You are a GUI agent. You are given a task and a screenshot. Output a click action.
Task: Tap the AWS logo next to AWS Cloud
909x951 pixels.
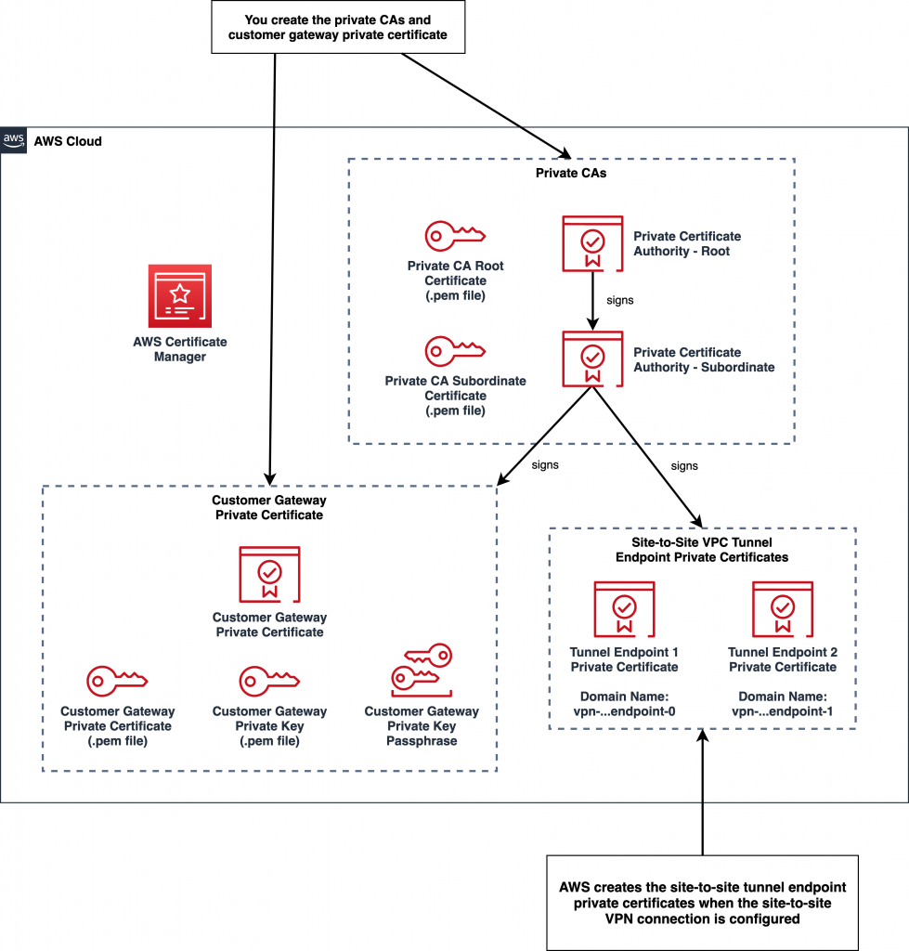coord(13,140)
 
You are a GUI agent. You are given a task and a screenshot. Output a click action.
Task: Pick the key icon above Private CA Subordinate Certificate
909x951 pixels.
coord(453,351)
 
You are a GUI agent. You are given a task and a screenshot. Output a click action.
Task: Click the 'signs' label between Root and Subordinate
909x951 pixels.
coord(620,301)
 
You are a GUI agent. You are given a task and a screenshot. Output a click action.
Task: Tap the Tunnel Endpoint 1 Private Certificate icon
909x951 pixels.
coord(624,609)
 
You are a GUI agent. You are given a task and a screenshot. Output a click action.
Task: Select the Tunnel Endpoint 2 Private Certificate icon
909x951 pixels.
coord(782,609)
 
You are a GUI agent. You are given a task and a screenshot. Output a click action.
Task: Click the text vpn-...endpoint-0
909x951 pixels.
coord(625,710)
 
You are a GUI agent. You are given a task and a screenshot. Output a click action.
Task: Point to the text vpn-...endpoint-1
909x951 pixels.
coord(782,710)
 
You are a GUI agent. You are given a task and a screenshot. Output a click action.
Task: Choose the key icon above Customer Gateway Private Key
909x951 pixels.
coord(269,680)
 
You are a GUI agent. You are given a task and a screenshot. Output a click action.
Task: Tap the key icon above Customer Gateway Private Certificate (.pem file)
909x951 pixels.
coord(117,680)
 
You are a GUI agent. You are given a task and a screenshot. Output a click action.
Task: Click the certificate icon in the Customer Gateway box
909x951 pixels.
coord(269,574)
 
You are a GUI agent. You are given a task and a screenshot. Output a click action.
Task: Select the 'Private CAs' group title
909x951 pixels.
coord(571,174)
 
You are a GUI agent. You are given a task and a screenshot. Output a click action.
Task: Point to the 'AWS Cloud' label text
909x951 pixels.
coord(68,141)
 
